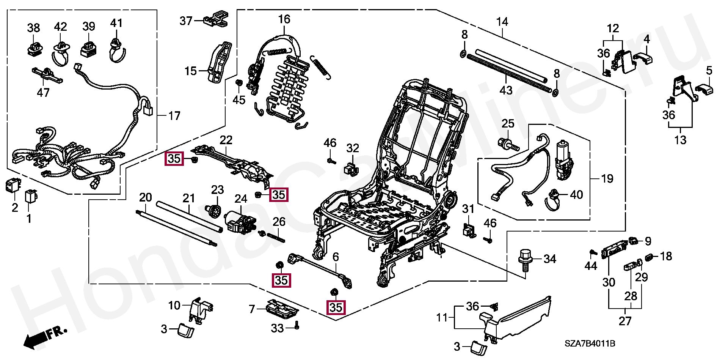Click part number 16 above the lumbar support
pyautogui.click(x=284, y=19)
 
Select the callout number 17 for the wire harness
pyautogui.click(x=174, y=116)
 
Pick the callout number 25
pyautogui.click(x=508, y=124)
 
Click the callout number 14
pyautogui.click(x=502, y=22)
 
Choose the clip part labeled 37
pyautogui.click(x=216, y=19)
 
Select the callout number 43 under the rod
pyautogui.click(x=506, y=90)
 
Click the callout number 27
pyautogui.click(x=625, y=321)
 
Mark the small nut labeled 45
pyautogui.click(x=239, y=83)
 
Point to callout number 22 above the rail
pyautogui.click(x=226, y=140)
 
